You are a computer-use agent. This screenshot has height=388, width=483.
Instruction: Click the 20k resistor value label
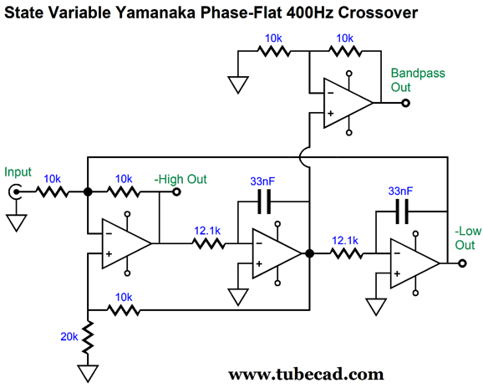coord(69,337)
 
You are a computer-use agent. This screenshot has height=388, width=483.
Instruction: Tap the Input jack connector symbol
coord(15,191)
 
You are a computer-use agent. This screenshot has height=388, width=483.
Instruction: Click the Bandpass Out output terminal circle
coord(405,103)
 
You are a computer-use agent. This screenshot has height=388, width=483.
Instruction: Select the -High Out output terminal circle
coord(176,192)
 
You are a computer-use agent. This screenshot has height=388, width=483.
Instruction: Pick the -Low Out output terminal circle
coord(462,263)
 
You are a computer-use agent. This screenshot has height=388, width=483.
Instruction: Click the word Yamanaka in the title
coord(155,13)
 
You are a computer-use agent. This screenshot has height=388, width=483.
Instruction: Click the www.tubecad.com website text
coord(306,375)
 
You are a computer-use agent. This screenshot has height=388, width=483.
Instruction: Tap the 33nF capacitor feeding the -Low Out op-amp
coord(402,212)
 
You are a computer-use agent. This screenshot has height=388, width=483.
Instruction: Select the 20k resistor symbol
coord(88,337)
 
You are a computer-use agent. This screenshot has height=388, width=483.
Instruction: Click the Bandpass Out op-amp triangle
coord(348,103)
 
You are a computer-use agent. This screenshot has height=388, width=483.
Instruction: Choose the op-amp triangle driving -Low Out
coord(414,263)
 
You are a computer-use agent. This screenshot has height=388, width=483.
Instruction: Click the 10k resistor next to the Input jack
coord(52,192)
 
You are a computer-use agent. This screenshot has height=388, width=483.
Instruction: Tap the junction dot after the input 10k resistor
coord(88,192)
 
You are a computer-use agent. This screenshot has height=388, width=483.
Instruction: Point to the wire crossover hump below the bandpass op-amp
coord(304,157)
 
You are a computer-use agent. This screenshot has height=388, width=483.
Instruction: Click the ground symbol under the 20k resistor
coord(88,374)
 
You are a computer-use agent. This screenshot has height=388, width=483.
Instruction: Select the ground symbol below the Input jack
coord(17,222)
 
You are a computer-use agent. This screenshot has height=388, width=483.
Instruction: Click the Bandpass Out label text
coord(418,80)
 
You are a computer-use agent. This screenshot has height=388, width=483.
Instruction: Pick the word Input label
coord(18,172)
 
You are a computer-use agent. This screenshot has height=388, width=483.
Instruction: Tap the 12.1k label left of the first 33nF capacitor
coord(207,231)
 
